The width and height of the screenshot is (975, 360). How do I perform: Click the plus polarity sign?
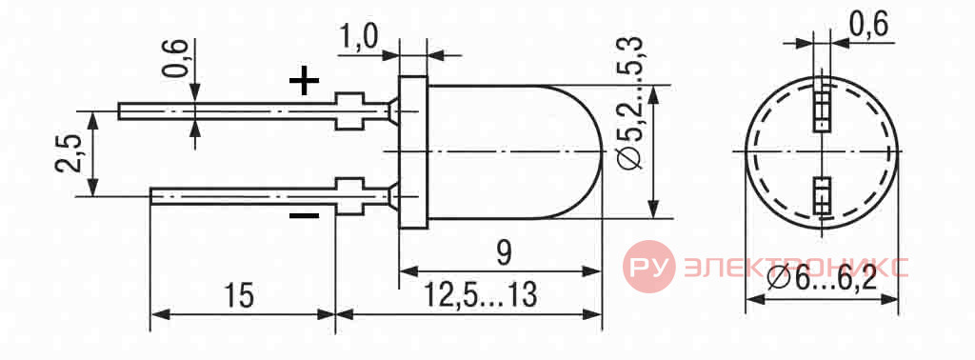(x=304, y=81)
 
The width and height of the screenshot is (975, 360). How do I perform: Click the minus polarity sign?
(x=304, y=216)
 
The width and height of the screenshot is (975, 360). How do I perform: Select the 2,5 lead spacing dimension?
(x=70, y=153)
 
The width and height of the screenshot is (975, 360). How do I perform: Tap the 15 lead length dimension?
(x=239, y=296)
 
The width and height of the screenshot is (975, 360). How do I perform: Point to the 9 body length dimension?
(x=504, y=253)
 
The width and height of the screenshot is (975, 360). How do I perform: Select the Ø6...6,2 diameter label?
(x=822, y=279)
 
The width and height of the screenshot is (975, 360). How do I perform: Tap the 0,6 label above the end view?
(x=868, y=26)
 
